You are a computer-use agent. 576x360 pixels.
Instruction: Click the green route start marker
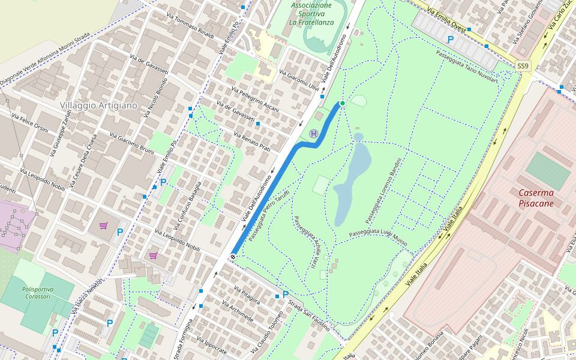[x=342, y=104]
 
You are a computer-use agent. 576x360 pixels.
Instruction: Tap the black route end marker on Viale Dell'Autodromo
[x=233, y=257]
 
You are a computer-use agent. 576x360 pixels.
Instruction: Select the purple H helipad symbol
[x=313, y=133]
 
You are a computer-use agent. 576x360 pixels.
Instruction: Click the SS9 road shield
[x=523, y=65]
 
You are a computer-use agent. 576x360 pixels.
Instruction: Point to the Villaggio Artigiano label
[x=98, y=105]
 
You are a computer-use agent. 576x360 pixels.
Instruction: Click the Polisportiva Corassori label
[x=38, y=293]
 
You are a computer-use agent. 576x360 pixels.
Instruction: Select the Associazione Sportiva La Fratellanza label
[x=311, y=14]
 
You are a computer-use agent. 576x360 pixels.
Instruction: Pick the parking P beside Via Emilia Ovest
[x=450, y=40]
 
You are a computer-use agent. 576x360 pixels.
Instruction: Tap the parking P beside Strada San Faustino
[x=286, y=295]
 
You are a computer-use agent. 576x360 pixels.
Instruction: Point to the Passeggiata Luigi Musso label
[x=378, y=236]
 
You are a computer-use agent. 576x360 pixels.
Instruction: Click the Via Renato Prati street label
[x=252, y=142]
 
